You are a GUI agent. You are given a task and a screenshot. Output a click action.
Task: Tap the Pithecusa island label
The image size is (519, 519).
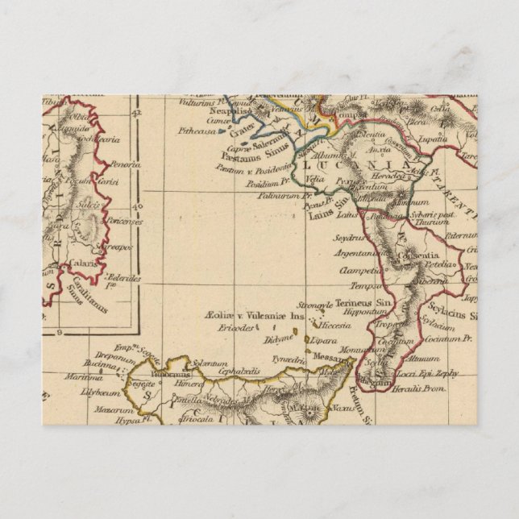[x=196, y=127]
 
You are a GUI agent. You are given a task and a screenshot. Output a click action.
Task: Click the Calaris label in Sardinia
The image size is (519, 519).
[x=83, y=263]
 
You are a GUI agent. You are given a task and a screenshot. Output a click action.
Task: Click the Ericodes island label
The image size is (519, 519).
[x=230, y=328]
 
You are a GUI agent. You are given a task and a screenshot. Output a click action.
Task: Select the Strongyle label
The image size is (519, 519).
[x=313, y=305]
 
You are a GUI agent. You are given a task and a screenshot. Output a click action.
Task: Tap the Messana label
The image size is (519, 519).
[x=330, y=357]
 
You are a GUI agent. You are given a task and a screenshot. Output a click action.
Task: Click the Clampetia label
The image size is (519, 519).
[x=359, y=270]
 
